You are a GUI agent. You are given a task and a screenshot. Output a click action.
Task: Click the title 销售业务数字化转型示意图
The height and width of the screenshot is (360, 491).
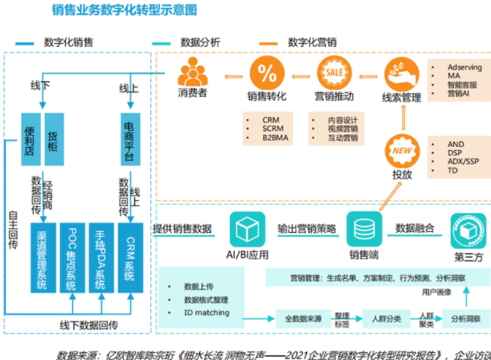(x=125, y=11)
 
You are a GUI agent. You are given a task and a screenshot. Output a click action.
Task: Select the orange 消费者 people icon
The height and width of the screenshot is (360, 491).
(x=192, y=74)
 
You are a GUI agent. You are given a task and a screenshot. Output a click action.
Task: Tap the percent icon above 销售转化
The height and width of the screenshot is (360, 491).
(x=267, y=74)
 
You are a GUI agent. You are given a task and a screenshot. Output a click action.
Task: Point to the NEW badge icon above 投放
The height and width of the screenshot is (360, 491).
(x=401, y=149)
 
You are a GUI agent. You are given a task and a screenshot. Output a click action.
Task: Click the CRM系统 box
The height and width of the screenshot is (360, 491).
(x=130, y=258)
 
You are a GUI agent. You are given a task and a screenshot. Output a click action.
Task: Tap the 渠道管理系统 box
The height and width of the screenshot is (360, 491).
(x=42, y=258)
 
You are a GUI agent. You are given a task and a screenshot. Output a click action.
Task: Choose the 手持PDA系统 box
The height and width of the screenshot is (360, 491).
(x=101, y=258)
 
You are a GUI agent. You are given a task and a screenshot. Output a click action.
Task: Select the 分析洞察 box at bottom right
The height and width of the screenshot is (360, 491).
(x=467, y=319)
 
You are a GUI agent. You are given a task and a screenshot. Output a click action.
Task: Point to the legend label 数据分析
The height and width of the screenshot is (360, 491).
(x=200, y=42)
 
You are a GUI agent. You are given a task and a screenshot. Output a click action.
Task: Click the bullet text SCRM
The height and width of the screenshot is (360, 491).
(x=273, y=129)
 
